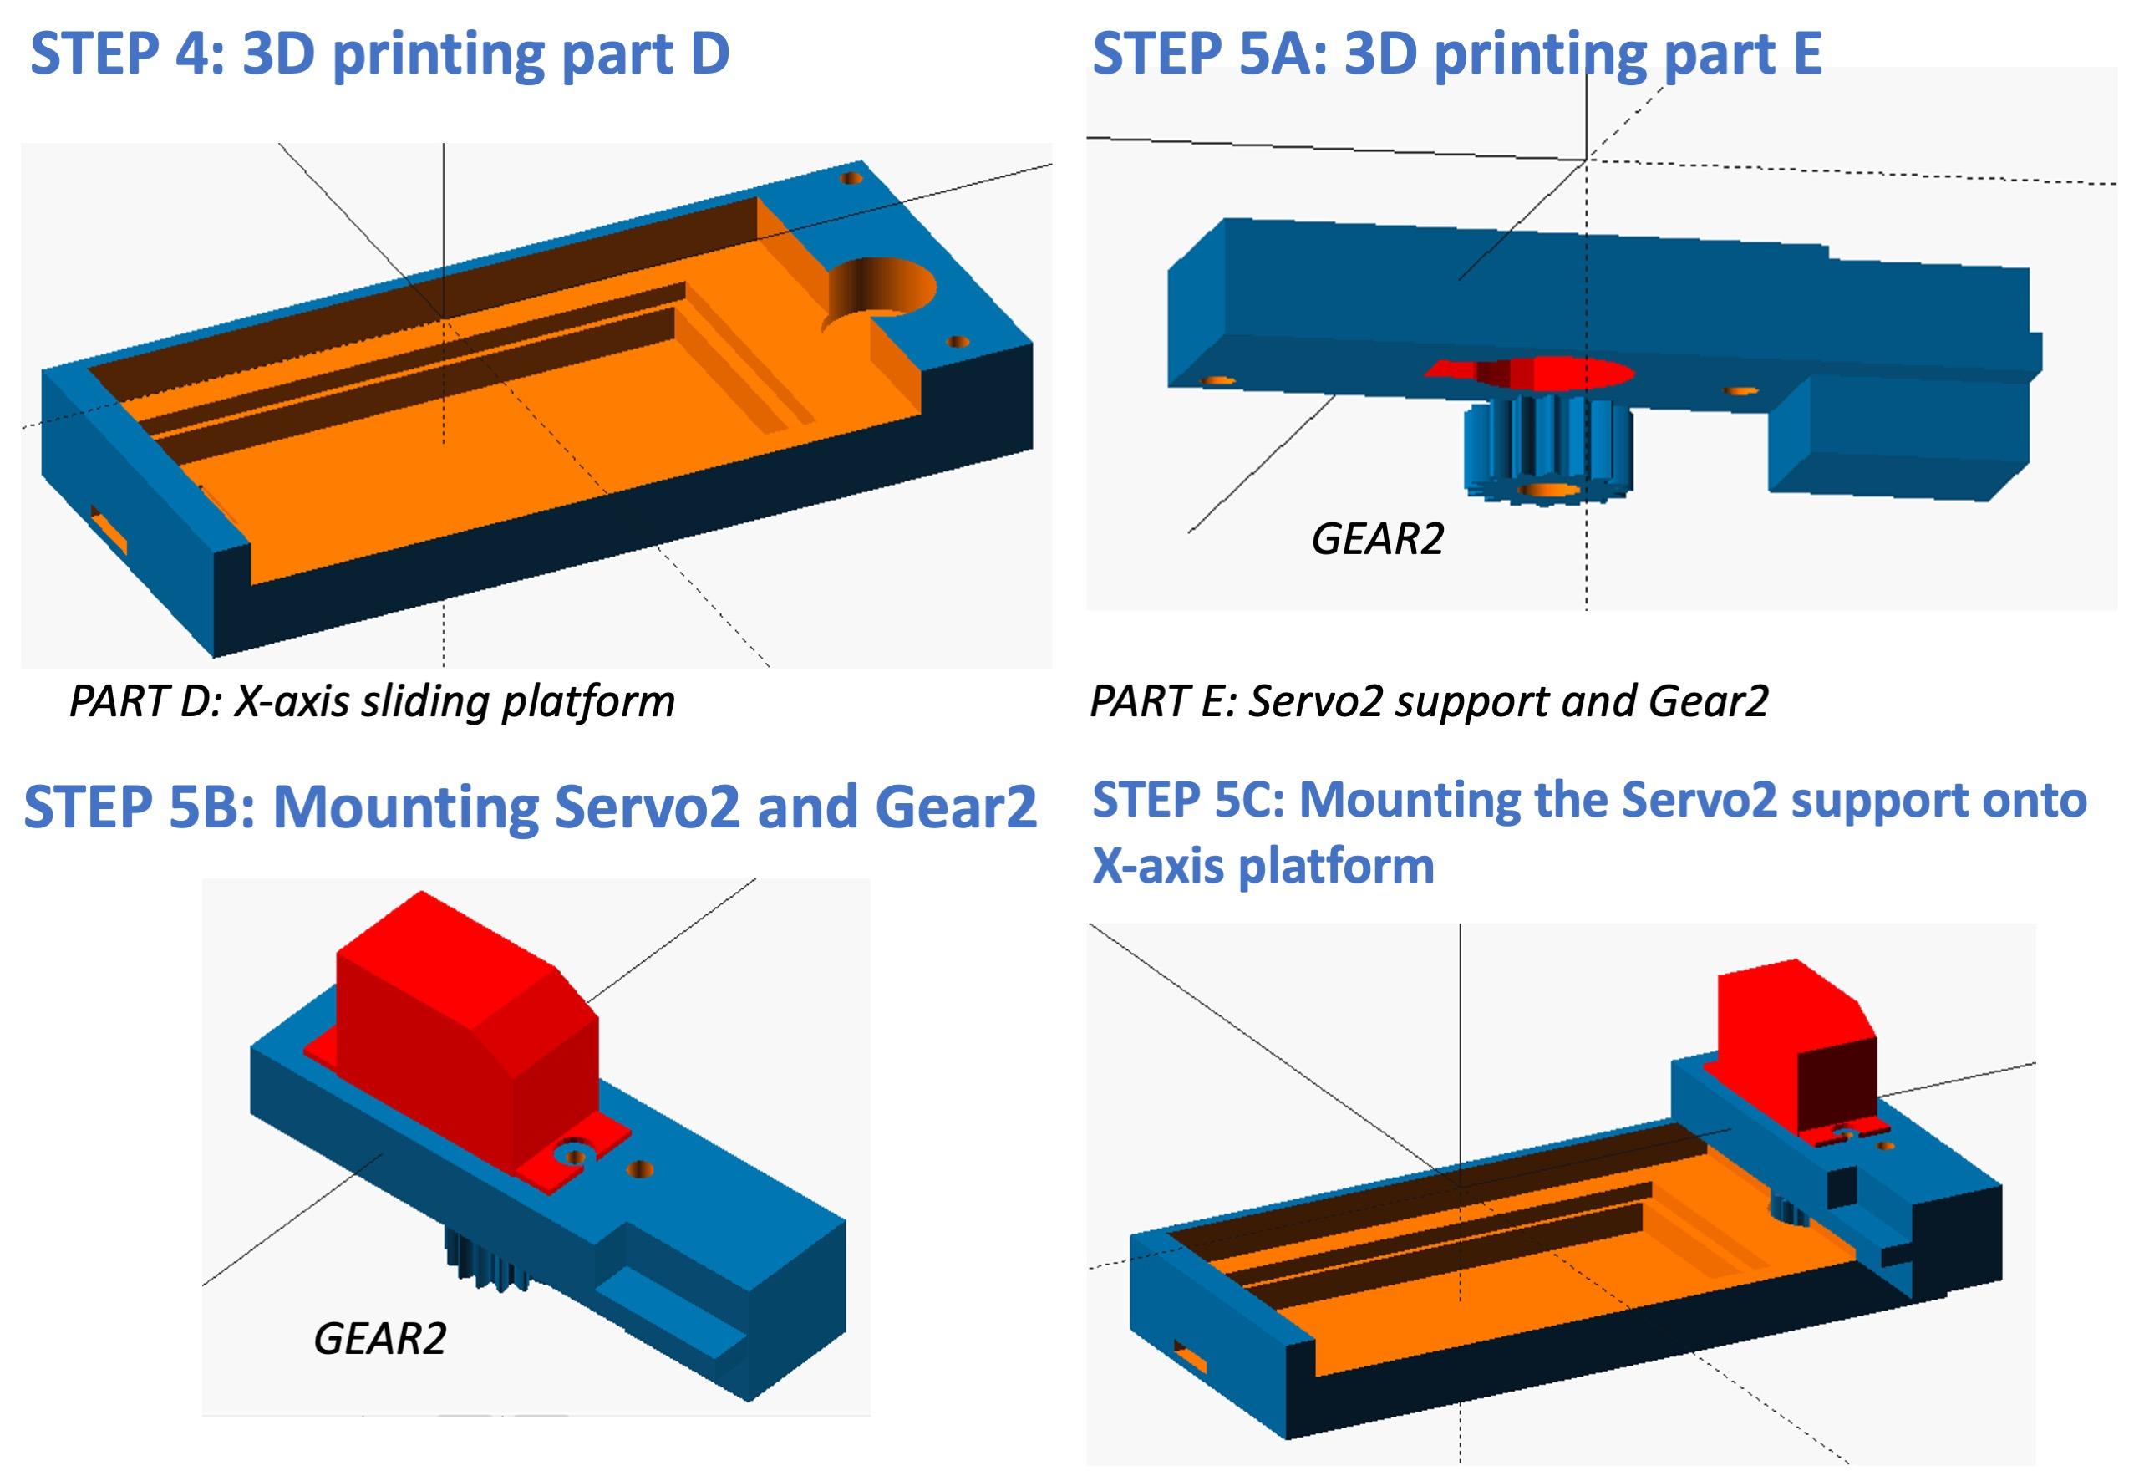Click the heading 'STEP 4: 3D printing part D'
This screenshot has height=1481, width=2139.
click(x=379, y=53)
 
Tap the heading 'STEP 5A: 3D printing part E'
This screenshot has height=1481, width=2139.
click(x=1456, y=53)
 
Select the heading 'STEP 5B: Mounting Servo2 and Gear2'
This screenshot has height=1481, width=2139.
click(x=530, y=807)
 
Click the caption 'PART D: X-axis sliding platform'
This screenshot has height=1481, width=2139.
click(x=372, y=701)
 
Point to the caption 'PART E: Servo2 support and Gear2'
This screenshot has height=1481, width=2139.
click(x=1429, y=701)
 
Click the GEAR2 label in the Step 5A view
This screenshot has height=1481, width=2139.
click(x=1378, y=539)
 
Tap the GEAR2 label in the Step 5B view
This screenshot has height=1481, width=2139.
click(x=379, y=1339)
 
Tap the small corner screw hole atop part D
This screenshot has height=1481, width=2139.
click(x=851, y=178)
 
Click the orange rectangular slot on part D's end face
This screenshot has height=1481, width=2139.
click(x=109, y=533)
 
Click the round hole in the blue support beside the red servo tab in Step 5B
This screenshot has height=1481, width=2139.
click(x=639, y=1170)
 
